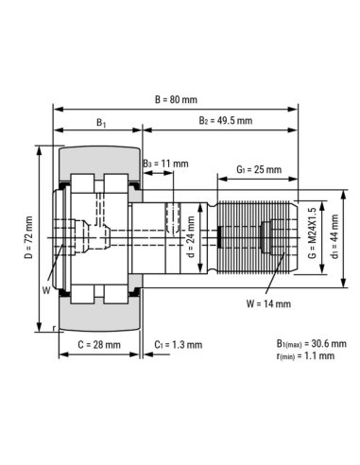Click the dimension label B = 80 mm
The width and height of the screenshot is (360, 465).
[177, 98]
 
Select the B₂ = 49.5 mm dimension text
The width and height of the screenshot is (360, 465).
[226, 122]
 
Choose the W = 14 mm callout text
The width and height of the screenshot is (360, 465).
[267, 303]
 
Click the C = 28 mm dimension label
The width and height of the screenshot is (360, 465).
[98, 345]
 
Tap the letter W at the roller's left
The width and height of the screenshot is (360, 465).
[44, 291]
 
